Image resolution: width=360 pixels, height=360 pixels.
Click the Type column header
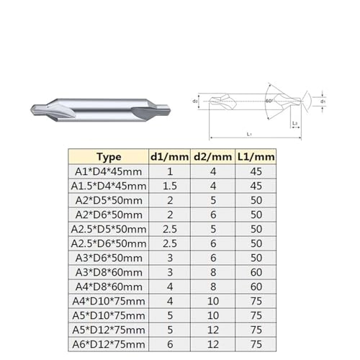(108, 156)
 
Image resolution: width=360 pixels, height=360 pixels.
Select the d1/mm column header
(169, 156)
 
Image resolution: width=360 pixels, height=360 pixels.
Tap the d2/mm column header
(212, 156)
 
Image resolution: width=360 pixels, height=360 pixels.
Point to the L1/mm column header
(256, 156)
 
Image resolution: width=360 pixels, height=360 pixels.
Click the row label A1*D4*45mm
(108, 171)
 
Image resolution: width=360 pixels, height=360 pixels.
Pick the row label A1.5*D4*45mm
(108, 185)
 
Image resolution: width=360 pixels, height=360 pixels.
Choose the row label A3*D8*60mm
(108, 271)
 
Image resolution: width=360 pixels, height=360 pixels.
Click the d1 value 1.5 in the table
(169, 185)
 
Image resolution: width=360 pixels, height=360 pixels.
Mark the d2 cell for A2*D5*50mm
(212, 199)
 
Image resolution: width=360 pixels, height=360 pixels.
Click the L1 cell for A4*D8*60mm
(256, 286)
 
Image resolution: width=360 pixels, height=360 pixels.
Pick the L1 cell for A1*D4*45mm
(256, 171)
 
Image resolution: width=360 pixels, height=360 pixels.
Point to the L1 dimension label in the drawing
(249, 135)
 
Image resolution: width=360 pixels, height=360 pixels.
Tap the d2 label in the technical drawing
(196, 102)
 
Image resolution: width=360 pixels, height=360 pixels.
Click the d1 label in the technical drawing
(323, 102)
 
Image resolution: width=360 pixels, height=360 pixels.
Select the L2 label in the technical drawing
(296, 124)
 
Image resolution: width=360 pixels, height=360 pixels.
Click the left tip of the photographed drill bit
(30, 108)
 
